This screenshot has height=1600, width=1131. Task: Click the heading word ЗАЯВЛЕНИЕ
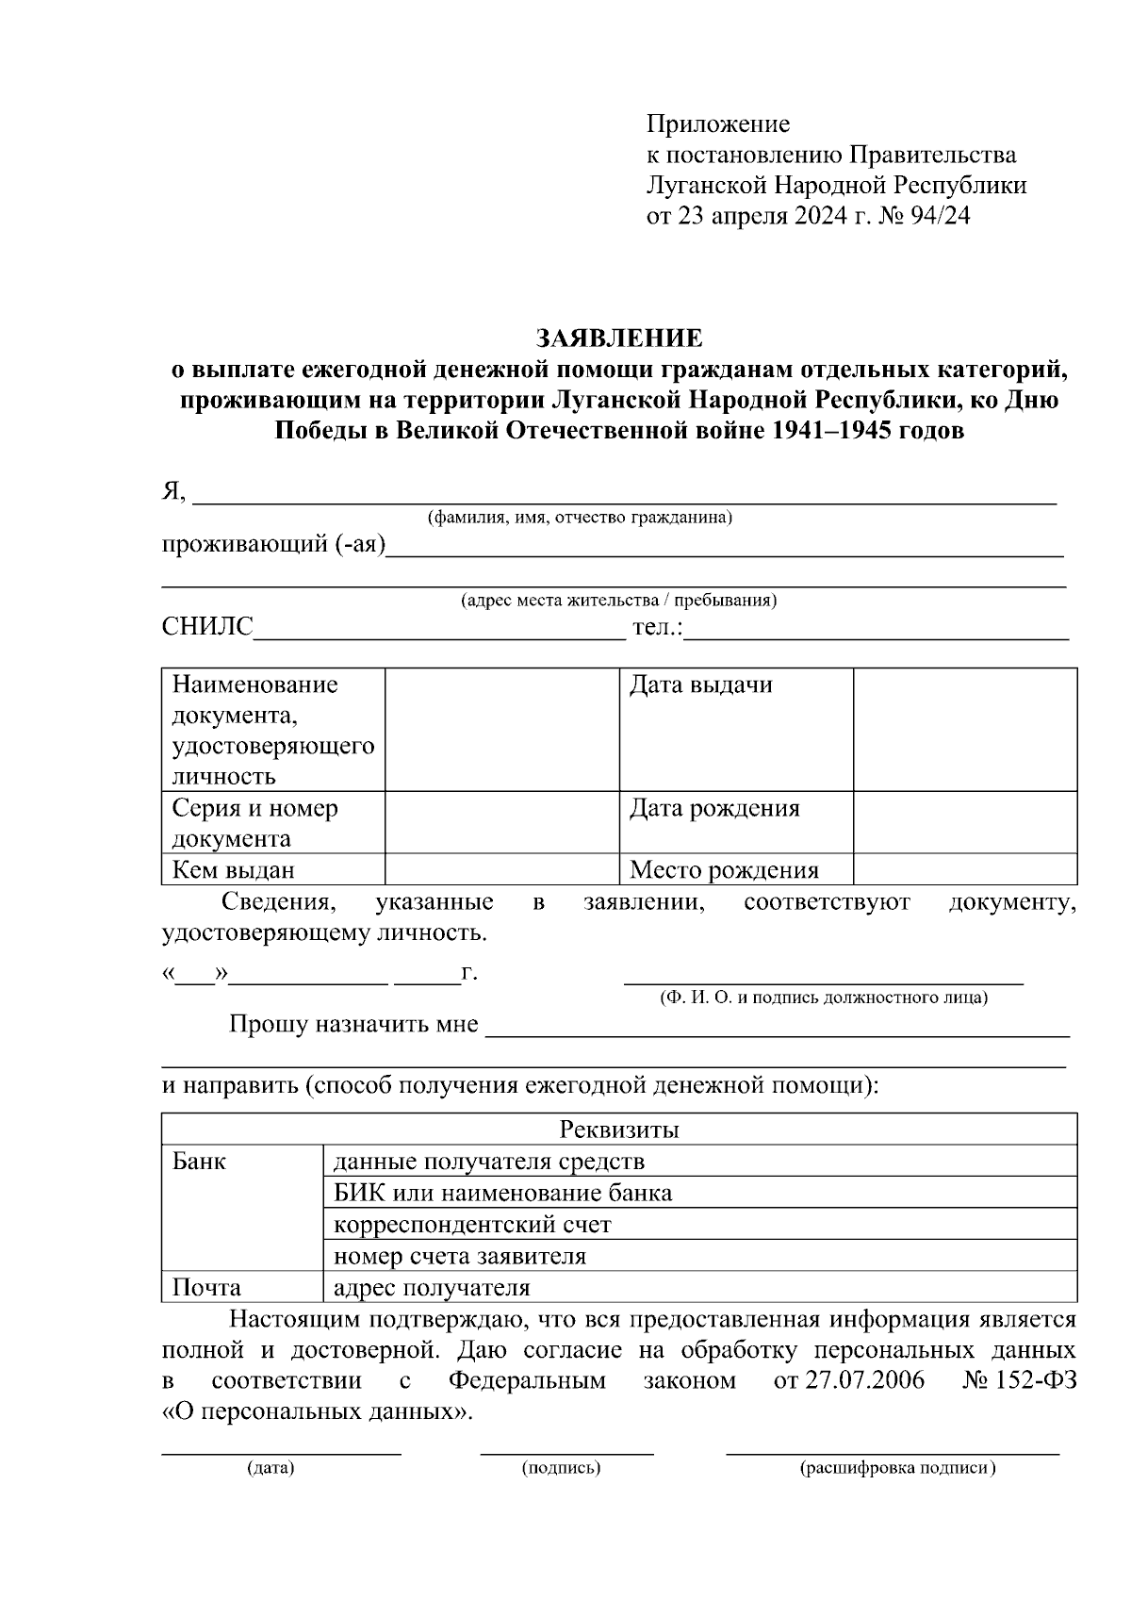click(619, 338)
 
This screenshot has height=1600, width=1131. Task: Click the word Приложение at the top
click(717, 124)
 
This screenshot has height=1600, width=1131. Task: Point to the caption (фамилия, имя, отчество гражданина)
click(580, 518)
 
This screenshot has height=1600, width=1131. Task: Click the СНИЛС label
click(208, 627)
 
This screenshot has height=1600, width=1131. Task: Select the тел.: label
click(658, 627)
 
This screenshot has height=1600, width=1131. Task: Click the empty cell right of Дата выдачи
click(964, 729)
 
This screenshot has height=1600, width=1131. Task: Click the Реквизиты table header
click(619, 1130)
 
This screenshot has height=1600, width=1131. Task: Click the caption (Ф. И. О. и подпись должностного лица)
click(823, 998)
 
